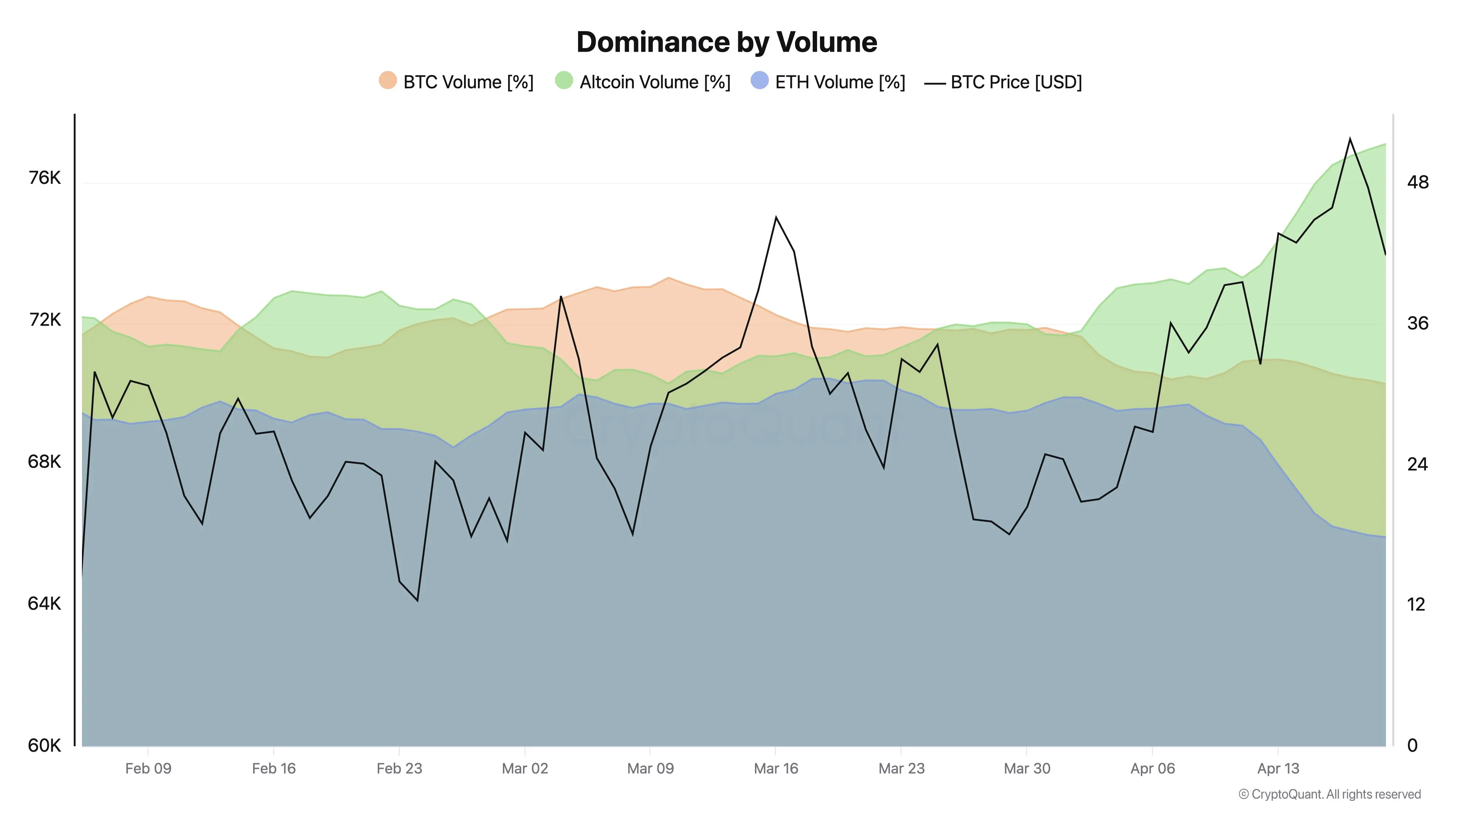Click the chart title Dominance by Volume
click(x=727, y=42)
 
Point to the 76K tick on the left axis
click(x=44, y=178)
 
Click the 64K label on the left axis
click(x=44, y=604)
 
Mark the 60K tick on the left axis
click(x=44, y=745)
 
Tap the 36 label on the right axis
click(x=1417, y=323)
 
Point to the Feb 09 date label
click(x=148, y=769)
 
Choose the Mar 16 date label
click(x=776, y=769)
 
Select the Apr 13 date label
click(x=1278, y=769)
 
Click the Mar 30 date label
click(x=1027, y=769)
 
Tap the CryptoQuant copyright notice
click(x=1329, y=794)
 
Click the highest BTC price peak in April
click(x=1350, y=138)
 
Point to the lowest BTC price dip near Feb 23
click(x=417, y=600)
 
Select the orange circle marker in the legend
click(x=388, y=80)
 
